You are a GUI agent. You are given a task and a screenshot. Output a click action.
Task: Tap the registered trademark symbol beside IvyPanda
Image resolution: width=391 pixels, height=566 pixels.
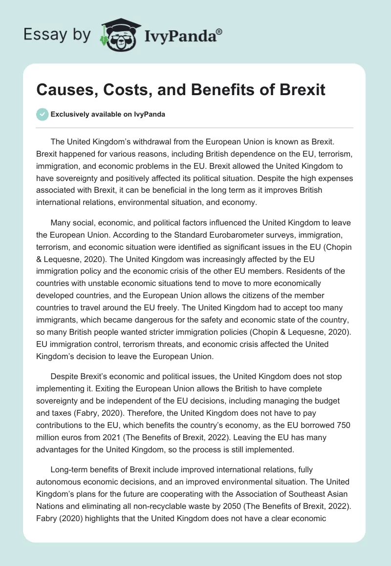pos(219,32)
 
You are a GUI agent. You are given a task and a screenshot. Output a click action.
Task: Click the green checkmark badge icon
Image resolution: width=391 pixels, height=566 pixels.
pos(42,114)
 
